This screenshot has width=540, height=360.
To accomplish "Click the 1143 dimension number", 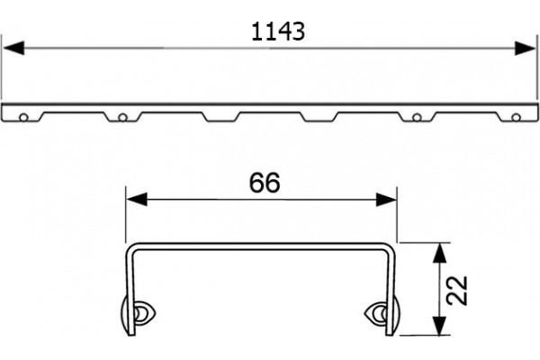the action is pyautogui.click(x=278, y=31).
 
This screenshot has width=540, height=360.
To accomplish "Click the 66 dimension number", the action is pyautogui.click(x=265, y=183).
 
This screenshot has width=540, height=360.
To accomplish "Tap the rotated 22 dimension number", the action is pyautogui.click(x=457, y=291).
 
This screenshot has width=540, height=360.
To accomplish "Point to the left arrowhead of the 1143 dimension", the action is pyautogui.click(x=13, y=48).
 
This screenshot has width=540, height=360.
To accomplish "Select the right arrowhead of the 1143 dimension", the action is pyautogui.click(x=526, y=49).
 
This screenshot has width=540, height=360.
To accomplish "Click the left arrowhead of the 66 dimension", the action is pyautogui.click(x=137, y=200).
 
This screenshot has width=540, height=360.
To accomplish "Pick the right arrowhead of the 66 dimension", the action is pyautogui.click(x=386, y=200).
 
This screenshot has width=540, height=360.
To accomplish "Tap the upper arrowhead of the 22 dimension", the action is pyautogui.click(x=440, y=254).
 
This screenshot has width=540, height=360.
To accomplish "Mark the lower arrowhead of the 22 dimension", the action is pyautogui.click(x=440, y=324).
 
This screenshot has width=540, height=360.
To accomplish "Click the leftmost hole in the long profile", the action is pyautogui.click(x=23, y=118).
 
